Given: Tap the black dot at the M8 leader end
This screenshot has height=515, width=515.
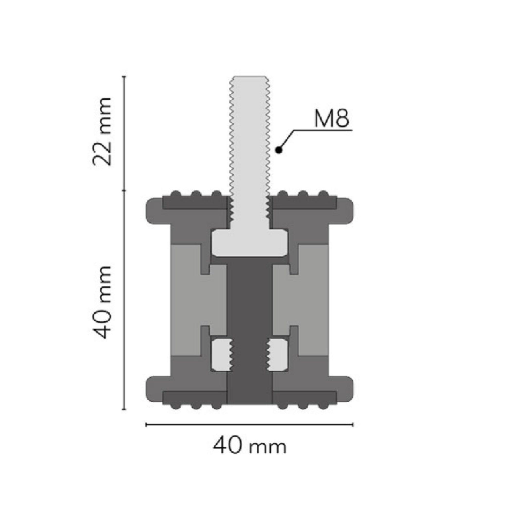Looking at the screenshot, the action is pyautogui.click(x=279, y=150).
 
